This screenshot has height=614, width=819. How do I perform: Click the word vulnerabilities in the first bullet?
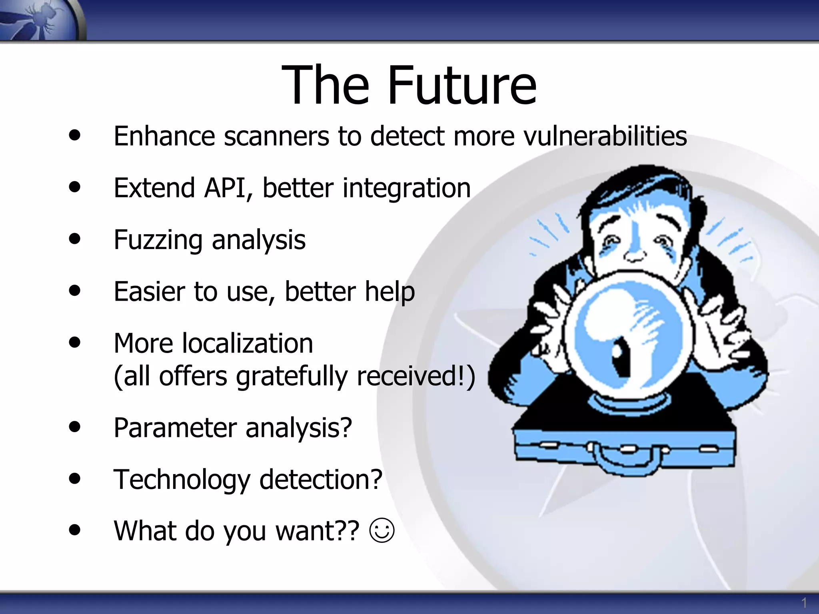pos(605,136)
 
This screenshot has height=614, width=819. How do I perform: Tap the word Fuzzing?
pos(158,240)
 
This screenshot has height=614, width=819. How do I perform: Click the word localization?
pos(247,343)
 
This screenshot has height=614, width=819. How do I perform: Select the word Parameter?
pos(175,428)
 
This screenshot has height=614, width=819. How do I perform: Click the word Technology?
pos(182,479)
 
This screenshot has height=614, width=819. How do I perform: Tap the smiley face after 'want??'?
pos(382,531)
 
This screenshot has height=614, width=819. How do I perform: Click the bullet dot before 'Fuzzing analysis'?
pos(74,239)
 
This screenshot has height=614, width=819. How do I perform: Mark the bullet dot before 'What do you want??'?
pos(74,530)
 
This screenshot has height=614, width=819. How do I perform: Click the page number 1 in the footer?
pos(804,602)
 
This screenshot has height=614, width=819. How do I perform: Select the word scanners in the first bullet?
pos(276,136)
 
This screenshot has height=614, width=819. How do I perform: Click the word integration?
pos(407,188)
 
